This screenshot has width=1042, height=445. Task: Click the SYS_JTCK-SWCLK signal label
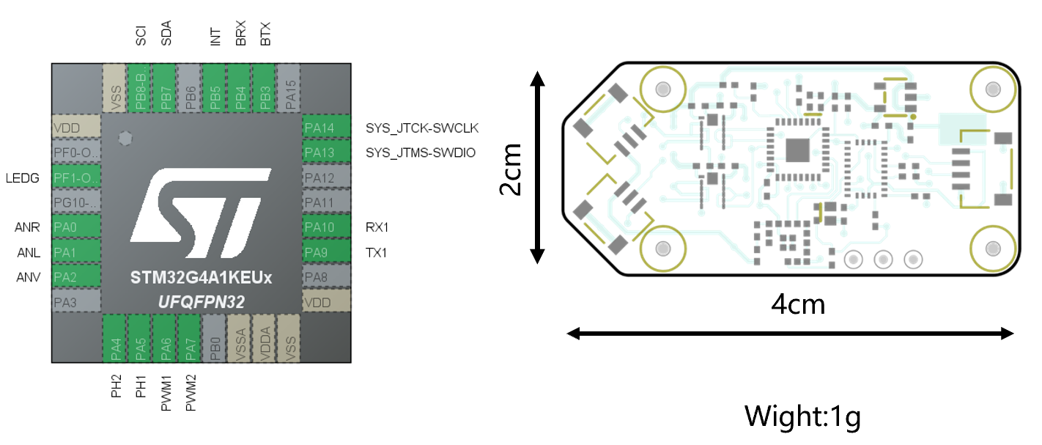point(422,128)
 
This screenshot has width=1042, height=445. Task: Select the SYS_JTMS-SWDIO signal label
point(421,153)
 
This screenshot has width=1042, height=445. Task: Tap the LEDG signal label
point(23,178)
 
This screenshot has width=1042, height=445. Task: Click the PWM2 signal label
point(191,393)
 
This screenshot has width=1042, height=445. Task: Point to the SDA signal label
point(166,34)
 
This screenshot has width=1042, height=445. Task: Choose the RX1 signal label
point(377,227)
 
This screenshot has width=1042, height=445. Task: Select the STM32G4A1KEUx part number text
point(202,279)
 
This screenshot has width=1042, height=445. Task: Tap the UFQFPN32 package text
point(202,301)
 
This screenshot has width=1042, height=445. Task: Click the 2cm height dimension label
point(511,168)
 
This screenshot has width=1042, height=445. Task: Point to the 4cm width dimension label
point(798,303)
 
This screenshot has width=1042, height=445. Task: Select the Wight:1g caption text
point(802,416)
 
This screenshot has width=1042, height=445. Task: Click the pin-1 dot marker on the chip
point(125,137)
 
